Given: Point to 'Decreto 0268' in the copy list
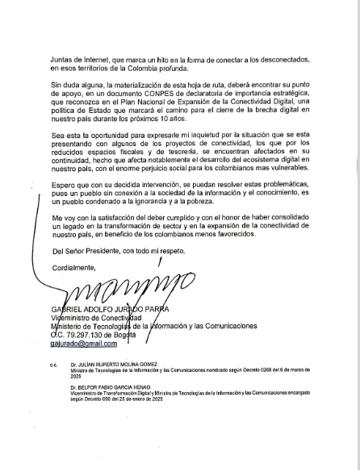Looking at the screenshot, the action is point(260,365).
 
